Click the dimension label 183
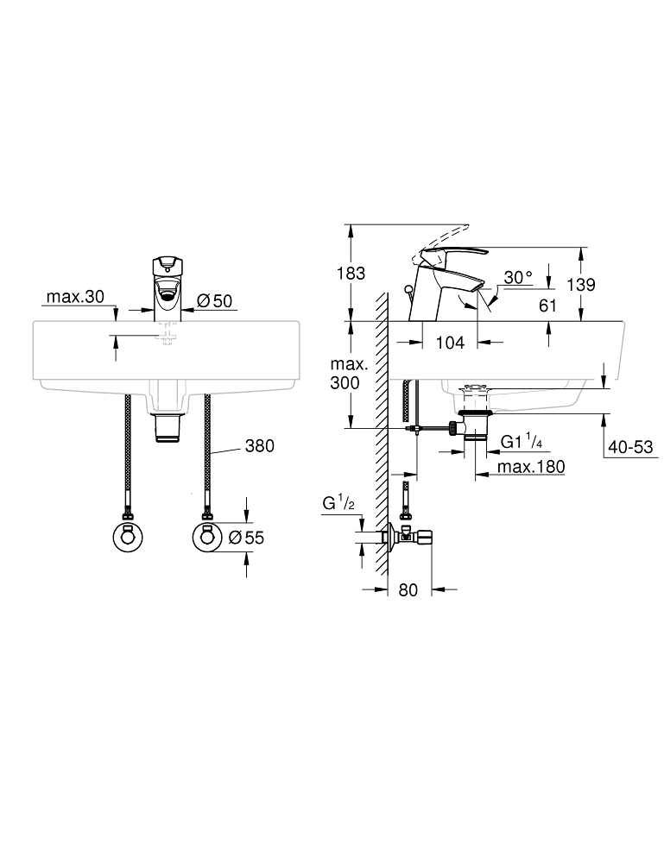click(x=351, y=273)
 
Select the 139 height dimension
click(x=581, y=285)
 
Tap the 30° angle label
click(x=519, y=277)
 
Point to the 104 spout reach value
click(x=450, y=343)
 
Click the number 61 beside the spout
click(x=547, y=306)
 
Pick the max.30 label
click(x=75, y=297)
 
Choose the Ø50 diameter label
click(x=214, y=300)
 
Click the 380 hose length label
click(x=259, y=445)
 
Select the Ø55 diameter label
click(x=246, y=537)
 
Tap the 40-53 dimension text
click(x=630, y=447)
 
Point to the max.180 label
click(x=531, y=467)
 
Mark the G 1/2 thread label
click(x=338, y=503)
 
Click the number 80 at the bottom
click(x=408, y=590)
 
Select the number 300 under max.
click(x=345, y=382)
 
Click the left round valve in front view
click(x=127, y=537)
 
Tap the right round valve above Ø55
click(x=207, y=537)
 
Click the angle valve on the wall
click(x=408, y=536)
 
